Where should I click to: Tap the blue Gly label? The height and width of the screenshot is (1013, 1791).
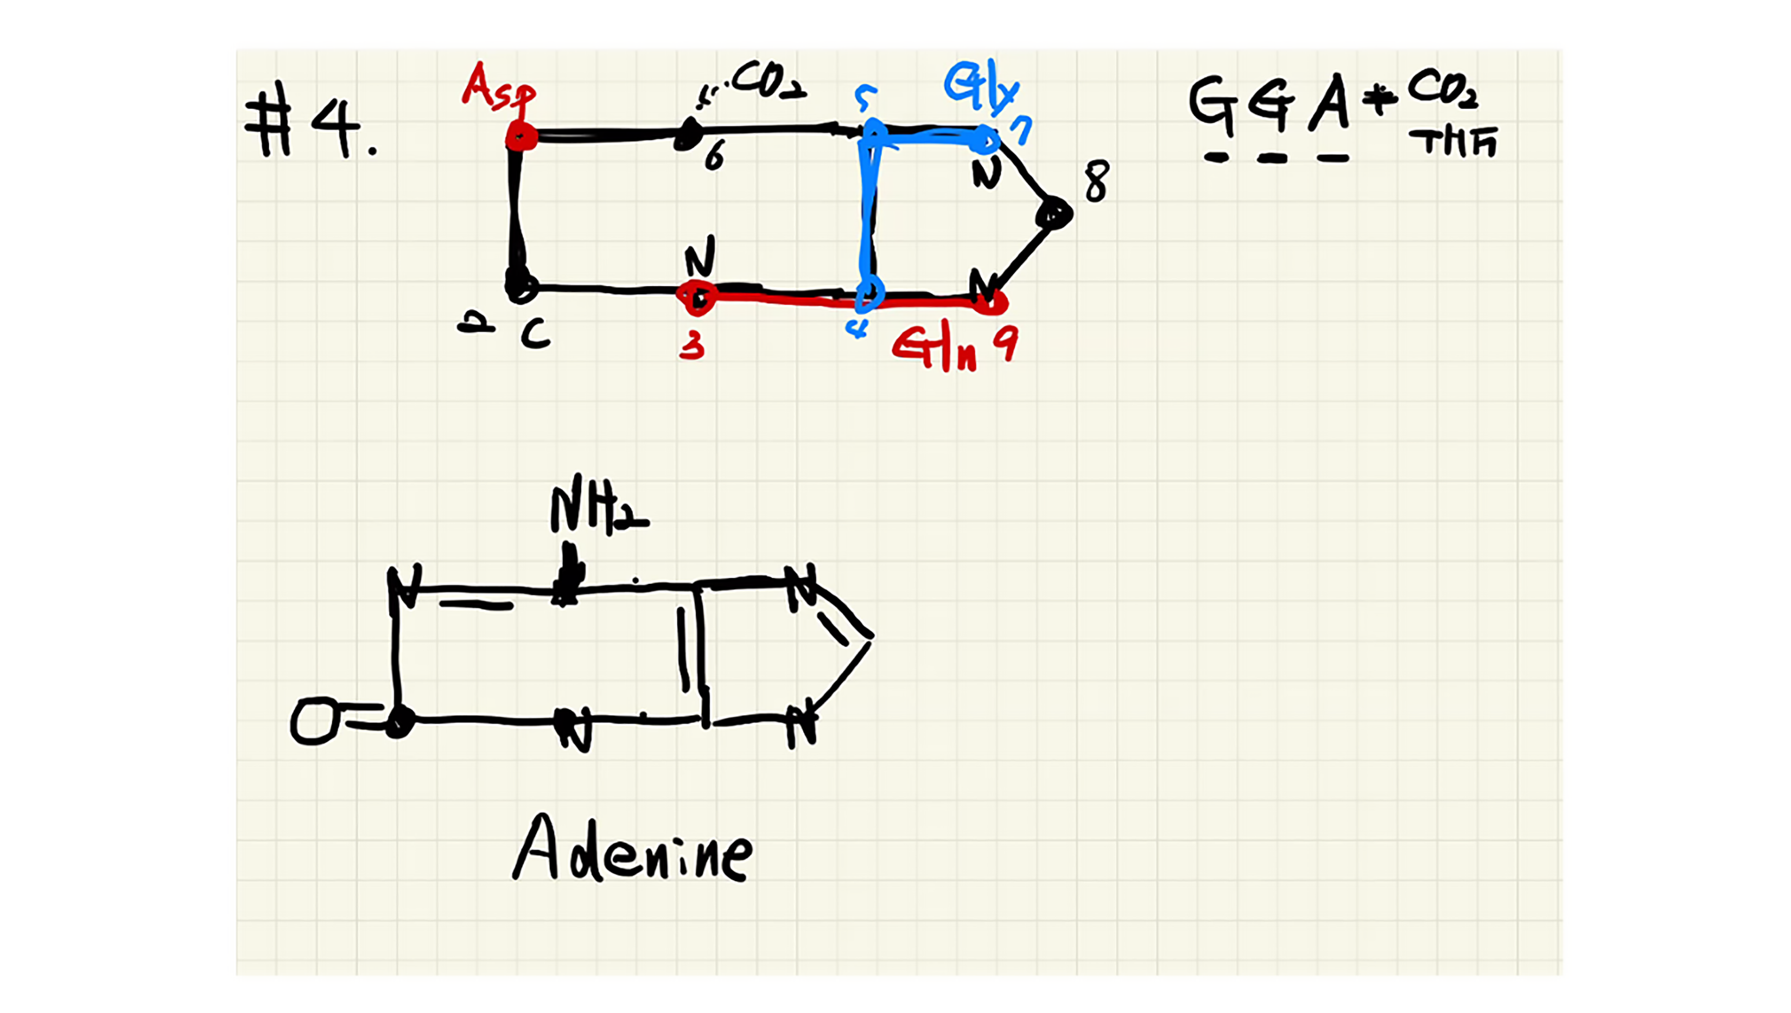(981, 86)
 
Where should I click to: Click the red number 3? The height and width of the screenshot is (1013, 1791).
(692, 344)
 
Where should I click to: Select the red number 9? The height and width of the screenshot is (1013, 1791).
(1005, 344)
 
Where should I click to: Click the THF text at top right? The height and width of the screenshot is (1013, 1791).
(1453, 142)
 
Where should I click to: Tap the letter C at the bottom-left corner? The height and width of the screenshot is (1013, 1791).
(535, 336)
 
